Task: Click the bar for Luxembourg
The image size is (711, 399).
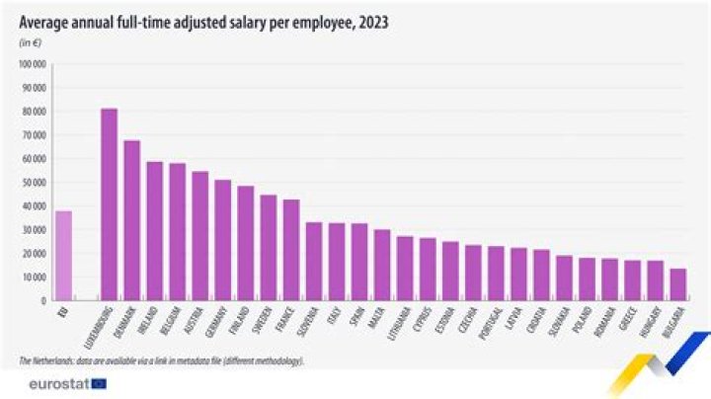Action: [x=109, y=202]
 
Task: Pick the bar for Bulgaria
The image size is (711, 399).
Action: [x=677, y=282]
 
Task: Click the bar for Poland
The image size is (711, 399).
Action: [x=587, y=277]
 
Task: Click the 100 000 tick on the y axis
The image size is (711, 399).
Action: [x=33, y=64]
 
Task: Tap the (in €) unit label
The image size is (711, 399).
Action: [x=31, y=42]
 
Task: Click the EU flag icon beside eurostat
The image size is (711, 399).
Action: [x=99, y=383]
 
